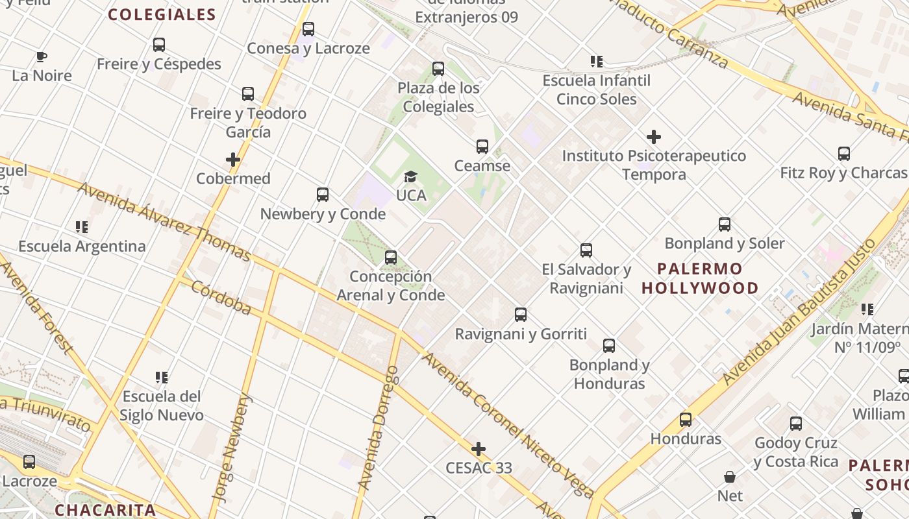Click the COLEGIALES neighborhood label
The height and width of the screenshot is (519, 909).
click(x=162, y=14)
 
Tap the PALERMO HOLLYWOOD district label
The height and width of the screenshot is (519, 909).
click(x=700, y=278)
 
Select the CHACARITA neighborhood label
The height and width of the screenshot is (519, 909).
click(x=105, y=510)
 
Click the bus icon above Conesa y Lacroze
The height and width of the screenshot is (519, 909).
click(x=308, y=29)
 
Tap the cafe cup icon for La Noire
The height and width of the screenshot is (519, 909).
click(x=42, y=56)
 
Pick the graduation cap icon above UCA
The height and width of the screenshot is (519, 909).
click(x=410, y=176)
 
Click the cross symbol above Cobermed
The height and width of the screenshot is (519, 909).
click(x=233, y=160)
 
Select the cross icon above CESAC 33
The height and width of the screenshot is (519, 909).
click(x=479, y=449)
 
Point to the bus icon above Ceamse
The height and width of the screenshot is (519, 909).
click(x=482, y=147)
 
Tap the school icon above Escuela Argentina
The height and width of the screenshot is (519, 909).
click(x=82, y=227)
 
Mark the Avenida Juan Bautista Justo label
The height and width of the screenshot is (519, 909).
click(x=799, y=312)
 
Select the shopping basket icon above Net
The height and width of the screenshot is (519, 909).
click(x=730, y=477)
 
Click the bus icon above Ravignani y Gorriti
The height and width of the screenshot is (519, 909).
click(x=521, y=315)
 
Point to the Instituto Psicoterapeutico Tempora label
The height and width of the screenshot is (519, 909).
click(x=653, y=165)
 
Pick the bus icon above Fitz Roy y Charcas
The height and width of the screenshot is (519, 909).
click(x=843, y=154)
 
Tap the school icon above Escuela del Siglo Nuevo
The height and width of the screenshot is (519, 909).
click(x=162, y=377)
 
